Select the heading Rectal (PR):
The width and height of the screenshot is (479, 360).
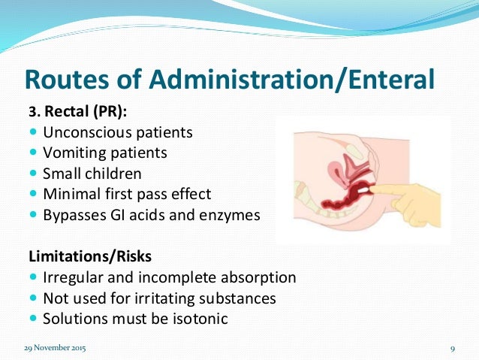click(x=86, y=112)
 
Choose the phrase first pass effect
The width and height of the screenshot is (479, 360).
click(x=167, y=194)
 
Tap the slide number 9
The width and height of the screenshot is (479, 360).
click(x=453, y=349)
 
